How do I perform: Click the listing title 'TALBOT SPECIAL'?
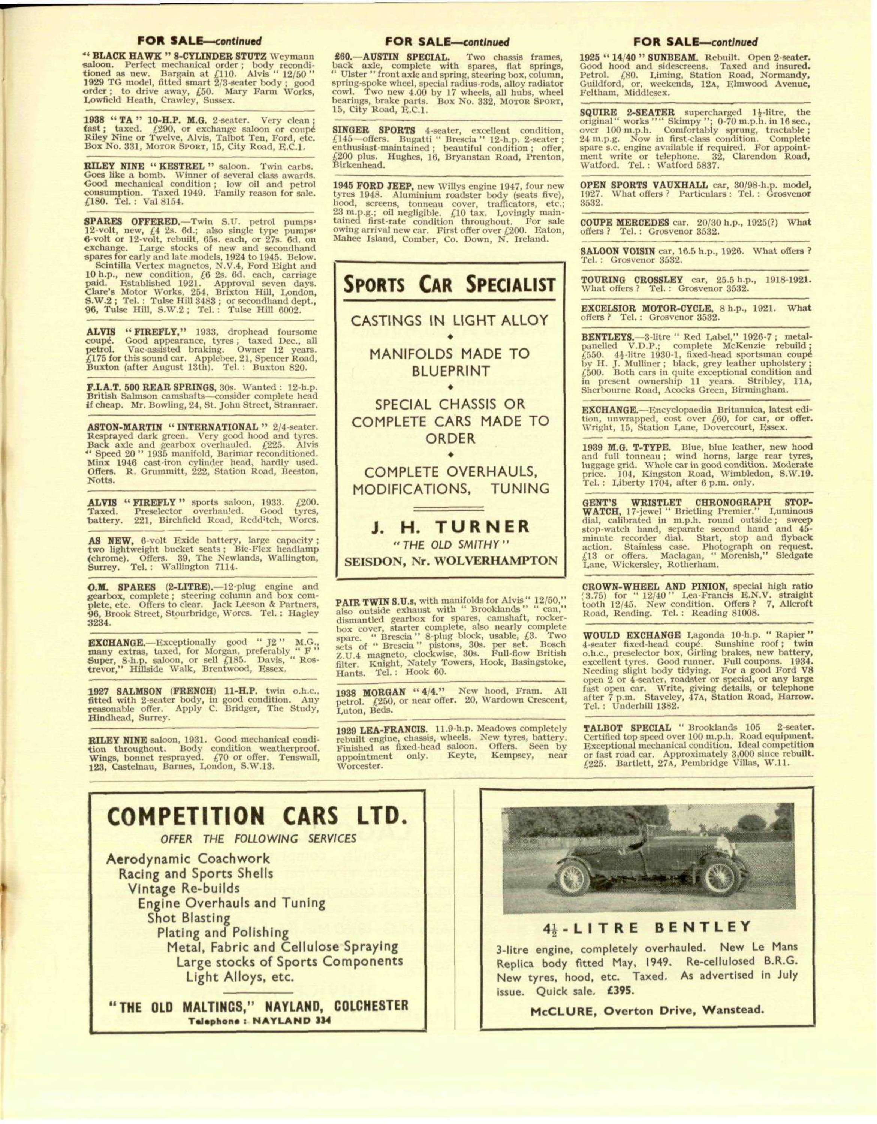pos(627,728)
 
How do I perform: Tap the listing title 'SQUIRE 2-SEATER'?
pos(627,112)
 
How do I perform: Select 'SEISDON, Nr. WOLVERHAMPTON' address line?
pos(450,561)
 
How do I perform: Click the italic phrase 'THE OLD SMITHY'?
pos(450,544)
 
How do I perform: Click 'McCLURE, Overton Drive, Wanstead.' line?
pos(647,1009)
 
